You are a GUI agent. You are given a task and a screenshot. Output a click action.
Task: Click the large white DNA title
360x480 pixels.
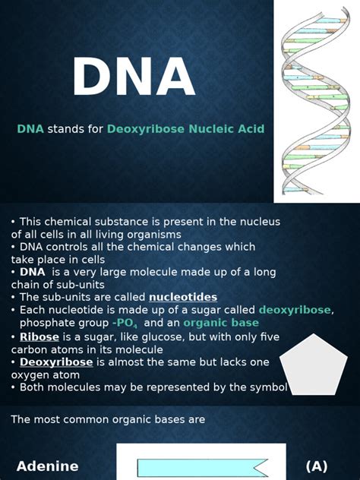(x=134, y=78)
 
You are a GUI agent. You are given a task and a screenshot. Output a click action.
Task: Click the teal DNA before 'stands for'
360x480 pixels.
(x=30, y=129)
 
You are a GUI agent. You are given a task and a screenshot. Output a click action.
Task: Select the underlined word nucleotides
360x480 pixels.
(x=182, y=297)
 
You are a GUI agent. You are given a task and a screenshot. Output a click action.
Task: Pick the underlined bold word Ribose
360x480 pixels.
(x=39, y=336)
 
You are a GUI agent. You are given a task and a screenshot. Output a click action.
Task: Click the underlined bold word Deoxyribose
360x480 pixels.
(x=56, y=362)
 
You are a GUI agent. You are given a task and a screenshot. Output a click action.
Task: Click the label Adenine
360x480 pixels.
(x=48, y=466)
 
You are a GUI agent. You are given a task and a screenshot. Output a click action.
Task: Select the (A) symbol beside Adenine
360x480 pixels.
(x=317, y=466)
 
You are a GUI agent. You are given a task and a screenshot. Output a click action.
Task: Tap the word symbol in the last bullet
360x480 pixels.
(x=267, y=387)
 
